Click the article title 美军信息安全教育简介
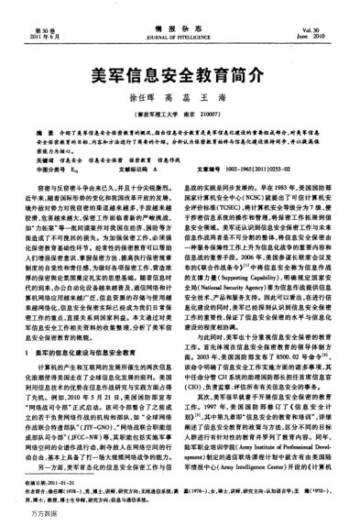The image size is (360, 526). tap(180, 80)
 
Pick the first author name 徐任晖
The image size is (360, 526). tap(141, 104)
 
